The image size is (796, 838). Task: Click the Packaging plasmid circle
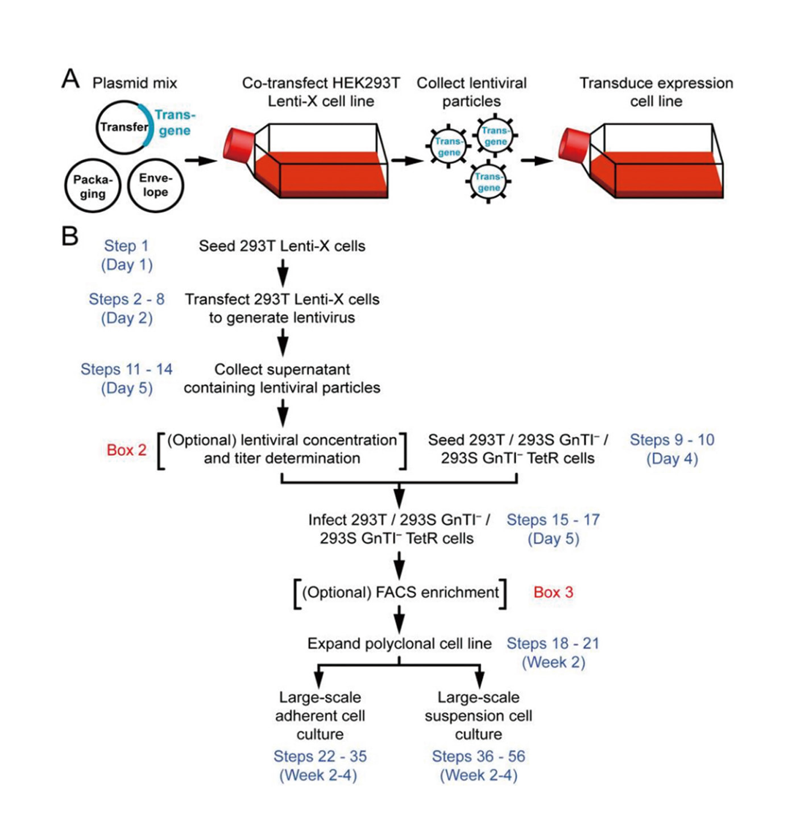click(93, 186)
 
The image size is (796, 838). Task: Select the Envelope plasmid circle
click(155, 185)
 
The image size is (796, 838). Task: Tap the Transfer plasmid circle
click(123, 127)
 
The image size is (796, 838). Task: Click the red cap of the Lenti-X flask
click(236, 145)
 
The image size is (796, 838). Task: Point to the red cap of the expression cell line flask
click(571, 144)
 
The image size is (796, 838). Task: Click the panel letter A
click(71, 79)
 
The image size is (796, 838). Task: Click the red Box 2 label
click(126, 450)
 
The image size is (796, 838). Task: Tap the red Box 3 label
click(553, 592)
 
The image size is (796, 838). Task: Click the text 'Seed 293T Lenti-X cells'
click(282, 246)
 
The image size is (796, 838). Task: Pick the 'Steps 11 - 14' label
click(126, 370)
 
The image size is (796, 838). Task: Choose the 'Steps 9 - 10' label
click(672, 440)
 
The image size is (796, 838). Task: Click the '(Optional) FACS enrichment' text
click(400, 592)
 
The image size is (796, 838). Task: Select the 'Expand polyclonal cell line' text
click(399, 644)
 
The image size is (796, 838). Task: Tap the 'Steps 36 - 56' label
click(478, 757)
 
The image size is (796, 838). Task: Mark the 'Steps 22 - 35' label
click(320, 757)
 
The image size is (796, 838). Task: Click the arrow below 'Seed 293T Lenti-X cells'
click(283, 273)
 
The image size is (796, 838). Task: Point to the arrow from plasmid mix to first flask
click(201, 161)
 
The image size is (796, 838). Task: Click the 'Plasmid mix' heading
click(135, 84)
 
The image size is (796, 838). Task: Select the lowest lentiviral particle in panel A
click(488, 182)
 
